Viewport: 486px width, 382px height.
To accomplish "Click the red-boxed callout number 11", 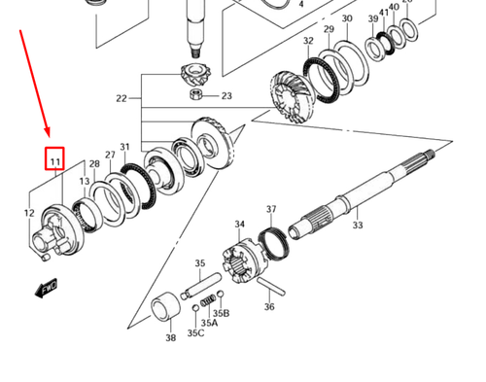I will [x=55, y=160].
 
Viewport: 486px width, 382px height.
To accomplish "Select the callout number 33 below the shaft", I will [x=358, y=226].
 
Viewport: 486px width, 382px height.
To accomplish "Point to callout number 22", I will [x=121, y=99].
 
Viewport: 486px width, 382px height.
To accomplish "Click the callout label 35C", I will [x=196, y=333].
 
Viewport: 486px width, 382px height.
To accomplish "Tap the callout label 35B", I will [x=222, y=313].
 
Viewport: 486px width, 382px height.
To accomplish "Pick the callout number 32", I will [x=308, y=41].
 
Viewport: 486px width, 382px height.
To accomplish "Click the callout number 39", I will [x=373, y=19].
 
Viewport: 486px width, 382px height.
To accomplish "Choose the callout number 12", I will [x=28, y=212].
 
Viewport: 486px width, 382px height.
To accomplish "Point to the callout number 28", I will [x=94, y=164].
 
